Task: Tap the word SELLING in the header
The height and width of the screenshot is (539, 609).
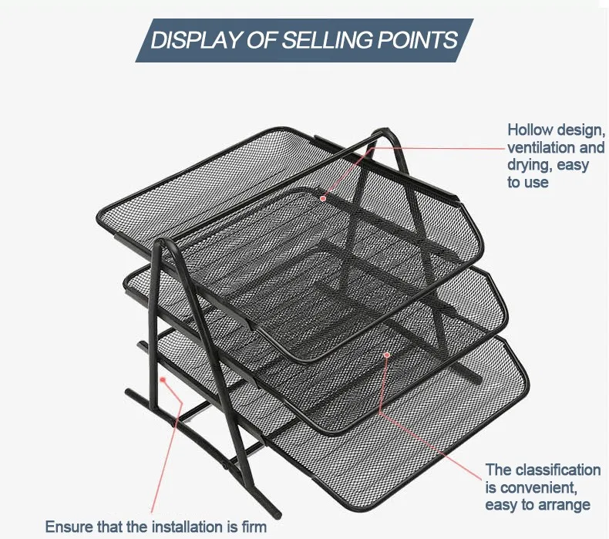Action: [327, 40]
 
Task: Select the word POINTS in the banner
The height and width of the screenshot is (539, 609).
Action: [418, 40]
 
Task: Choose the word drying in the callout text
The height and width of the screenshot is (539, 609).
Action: [530, 166]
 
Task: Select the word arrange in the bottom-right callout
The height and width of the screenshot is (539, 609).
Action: [565, 506]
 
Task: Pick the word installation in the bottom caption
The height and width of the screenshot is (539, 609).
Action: [187, 527]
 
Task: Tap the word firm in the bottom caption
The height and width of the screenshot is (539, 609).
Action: [252, 527]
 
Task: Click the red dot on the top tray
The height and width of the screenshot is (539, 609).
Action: [323, 198]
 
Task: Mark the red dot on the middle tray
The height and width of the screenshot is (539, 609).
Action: [386, 355]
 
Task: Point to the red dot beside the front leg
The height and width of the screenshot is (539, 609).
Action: [163, 379]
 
